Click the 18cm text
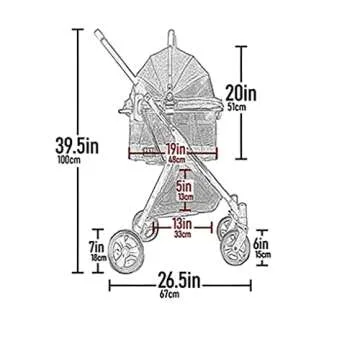click(96, 258)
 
